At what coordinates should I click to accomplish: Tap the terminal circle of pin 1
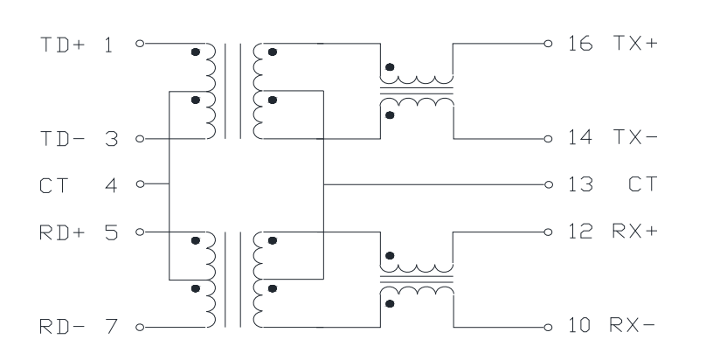(x=140, y=44)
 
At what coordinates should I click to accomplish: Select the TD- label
(x=63, y=139)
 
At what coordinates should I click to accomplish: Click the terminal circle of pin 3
(x=140, y=139)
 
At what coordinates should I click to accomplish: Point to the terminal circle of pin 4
(x=140, y=184)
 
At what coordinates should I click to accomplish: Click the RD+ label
(x=62, y=232)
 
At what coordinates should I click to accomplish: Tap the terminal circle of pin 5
(x=140, y=232)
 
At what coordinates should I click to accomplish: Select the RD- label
(x=62, y=327)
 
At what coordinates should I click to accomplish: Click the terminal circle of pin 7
(x=140, y=328)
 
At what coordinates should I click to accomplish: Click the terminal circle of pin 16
(x=549, y=44)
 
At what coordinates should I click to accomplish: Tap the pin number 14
(x=581, y=137)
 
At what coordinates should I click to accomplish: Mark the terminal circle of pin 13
(x=549, y=184)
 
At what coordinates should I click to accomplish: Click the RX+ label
(x=635, y=231)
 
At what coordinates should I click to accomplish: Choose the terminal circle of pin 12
(x=549, y=232)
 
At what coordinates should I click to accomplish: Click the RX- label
(x=633, y=325)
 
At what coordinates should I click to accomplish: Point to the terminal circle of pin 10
(x=549, y=328)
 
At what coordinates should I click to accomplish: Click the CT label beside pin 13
(x=643, y=184)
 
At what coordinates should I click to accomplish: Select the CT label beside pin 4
(x=54, y=186)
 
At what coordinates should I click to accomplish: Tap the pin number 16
(x=581, y=43)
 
